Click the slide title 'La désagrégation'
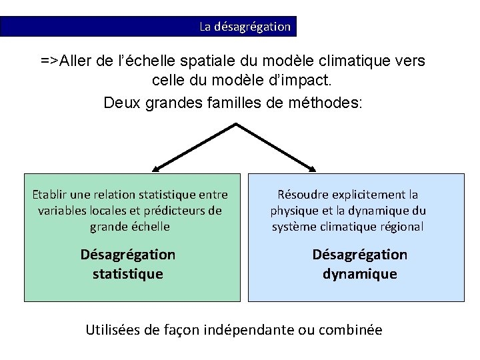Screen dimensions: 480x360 click(x=245, y=27)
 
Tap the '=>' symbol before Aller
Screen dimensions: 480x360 click(x=49, y=61)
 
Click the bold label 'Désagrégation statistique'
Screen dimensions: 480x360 click(x=128, y=264)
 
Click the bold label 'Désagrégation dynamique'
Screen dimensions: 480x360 click(x=360, y=264)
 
